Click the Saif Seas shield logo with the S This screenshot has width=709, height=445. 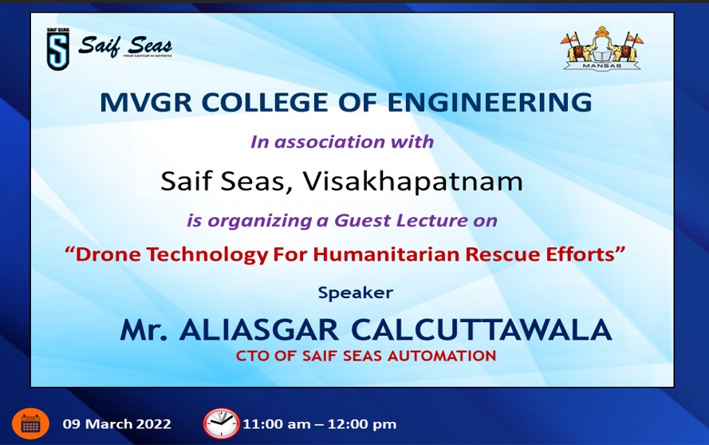click(x=58, y=49)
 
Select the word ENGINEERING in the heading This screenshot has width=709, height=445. click(x=490, y=102)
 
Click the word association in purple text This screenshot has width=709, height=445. click(x=329, y=141)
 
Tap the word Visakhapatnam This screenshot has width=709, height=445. click(x=412, y=181)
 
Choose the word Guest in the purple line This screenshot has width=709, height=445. click(x=363, y=220)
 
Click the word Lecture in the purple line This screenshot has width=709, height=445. click(x=431, y=220)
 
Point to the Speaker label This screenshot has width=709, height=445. click(x=356, y=293)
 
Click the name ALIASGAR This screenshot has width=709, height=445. click(x=259, y=329)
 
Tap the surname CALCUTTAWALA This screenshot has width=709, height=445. click(x=481, y=329)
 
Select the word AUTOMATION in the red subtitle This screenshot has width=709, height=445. click(x=442, y=356)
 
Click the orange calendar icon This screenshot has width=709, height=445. click(x=31, y=423)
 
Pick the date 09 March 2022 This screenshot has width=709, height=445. click(x=116, y=423)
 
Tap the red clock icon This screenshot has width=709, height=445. click(x=221, y=423)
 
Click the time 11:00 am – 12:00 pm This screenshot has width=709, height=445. click(x=319, y=424)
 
